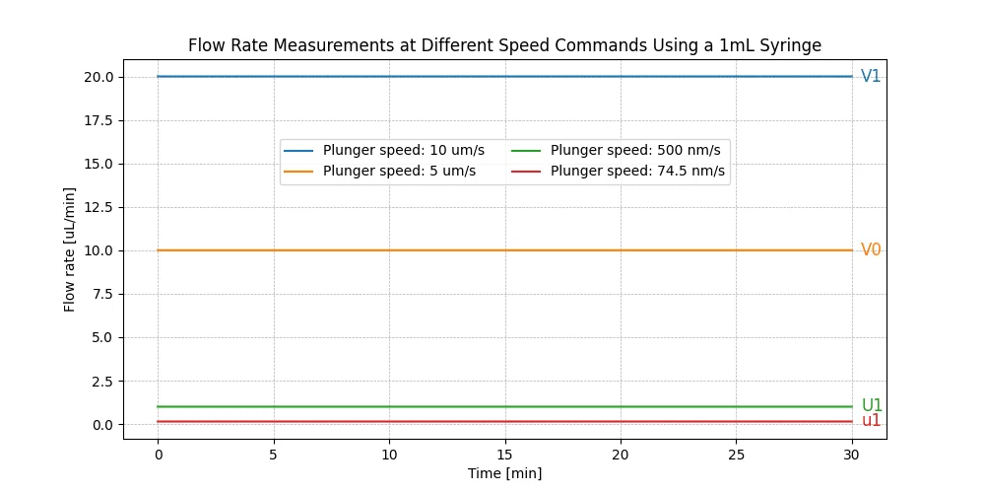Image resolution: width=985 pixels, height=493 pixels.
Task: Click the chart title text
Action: pos(504,45)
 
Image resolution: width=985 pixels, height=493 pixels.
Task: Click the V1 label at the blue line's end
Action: pos(871,77)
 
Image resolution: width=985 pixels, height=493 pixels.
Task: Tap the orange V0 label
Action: pos(871,250)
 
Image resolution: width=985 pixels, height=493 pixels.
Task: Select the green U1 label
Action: pos(872,406)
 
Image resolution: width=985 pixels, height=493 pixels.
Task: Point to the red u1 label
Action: pos(872,421)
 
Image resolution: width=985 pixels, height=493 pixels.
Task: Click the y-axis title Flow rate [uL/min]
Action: pos(70,249)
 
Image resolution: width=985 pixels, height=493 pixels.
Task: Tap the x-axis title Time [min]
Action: pos(504,473)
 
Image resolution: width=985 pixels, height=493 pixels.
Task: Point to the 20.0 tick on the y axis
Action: pos(100,77)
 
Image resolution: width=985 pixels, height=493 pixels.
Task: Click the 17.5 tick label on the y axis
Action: pos(100,120)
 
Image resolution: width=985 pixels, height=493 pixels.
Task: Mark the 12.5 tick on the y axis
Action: pos(100,207)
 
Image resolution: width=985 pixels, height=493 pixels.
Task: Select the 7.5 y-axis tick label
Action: pos(104,294)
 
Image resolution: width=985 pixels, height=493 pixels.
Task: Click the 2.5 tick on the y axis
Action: pos(104,381)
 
